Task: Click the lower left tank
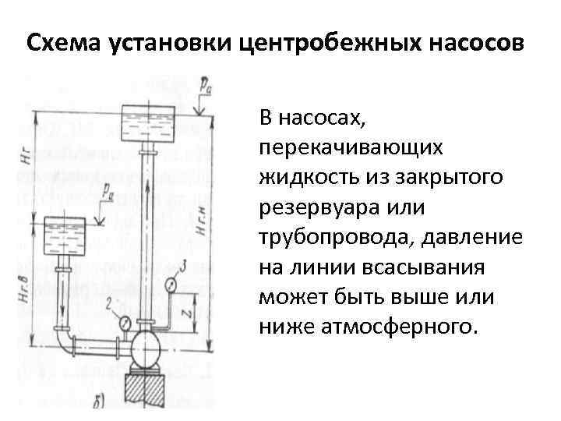click(63, 231)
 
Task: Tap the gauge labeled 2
click(124, 320)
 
